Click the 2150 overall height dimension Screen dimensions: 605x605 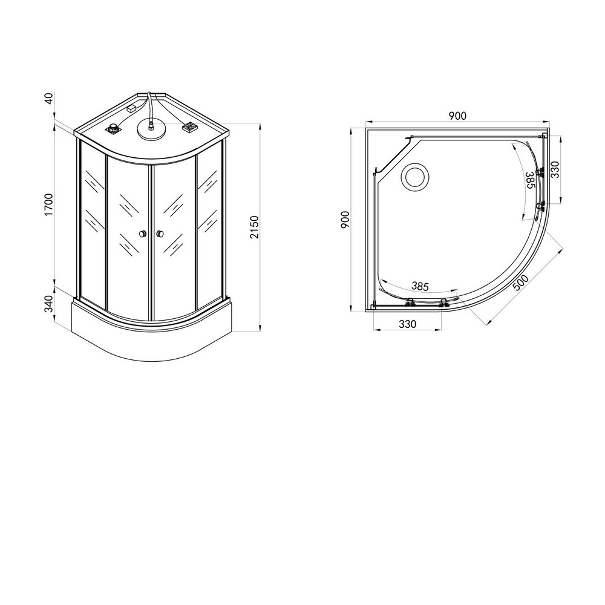pyautogui.click(x=254, y=227)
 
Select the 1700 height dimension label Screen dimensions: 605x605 pyautogui.click(x=48, y=205)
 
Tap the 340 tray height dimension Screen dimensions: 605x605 pyautogui.click(x=48, y=304)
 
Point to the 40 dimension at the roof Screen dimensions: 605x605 pyautogui.click(x=48, y=99)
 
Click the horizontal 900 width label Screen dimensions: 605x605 pyautogui.click(x=457, y=116)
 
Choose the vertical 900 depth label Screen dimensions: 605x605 pyautogui.click(x=345, y=220)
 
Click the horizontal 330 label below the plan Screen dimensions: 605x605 pyautogui.click(x=407, y=324)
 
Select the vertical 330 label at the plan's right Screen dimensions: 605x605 pyautogui.click(x=555, y=169)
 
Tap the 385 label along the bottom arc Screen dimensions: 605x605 pyautogui.click(x=420, y=286)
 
